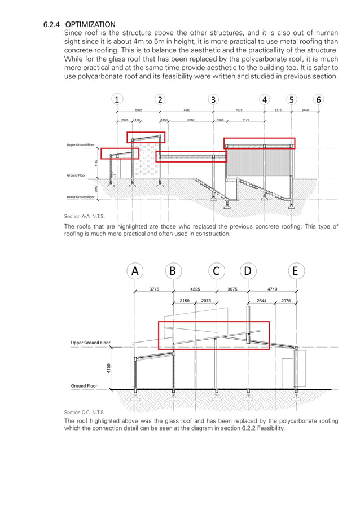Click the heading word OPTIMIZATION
(x=90, y=24)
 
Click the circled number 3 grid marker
(x=213, y=100)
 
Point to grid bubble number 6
(x=319, y=100)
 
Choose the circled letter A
(x=135, y=271)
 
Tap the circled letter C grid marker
(x=216, y=271)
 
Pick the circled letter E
(x=295, y=271)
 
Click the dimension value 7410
(x=186, y=111)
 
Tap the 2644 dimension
(x=262, y=301)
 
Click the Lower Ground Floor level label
(x=81, y=197)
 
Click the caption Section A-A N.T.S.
(x=85, y=217)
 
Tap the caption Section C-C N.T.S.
(x=85, y=413)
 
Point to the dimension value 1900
(x=220, y=120)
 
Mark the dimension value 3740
(x=305, y=111)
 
